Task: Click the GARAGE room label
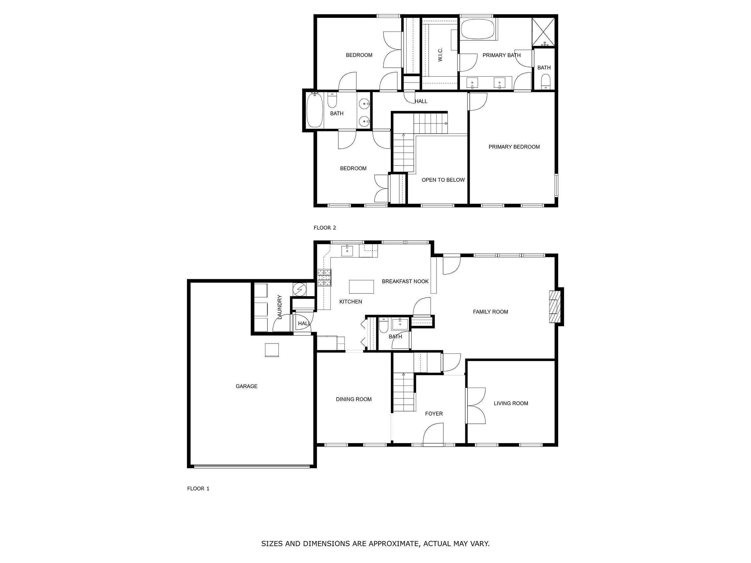247,386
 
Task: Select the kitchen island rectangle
361,287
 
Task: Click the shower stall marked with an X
543,32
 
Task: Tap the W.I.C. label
440,55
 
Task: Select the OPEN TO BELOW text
443,180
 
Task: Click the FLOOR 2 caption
324,228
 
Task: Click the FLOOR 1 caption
198,489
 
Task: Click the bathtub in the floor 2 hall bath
314,111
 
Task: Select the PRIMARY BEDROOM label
514,147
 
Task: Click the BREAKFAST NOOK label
405,281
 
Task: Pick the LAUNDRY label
279,307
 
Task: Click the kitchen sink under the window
347,251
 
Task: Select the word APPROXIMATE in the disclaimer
394,543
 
